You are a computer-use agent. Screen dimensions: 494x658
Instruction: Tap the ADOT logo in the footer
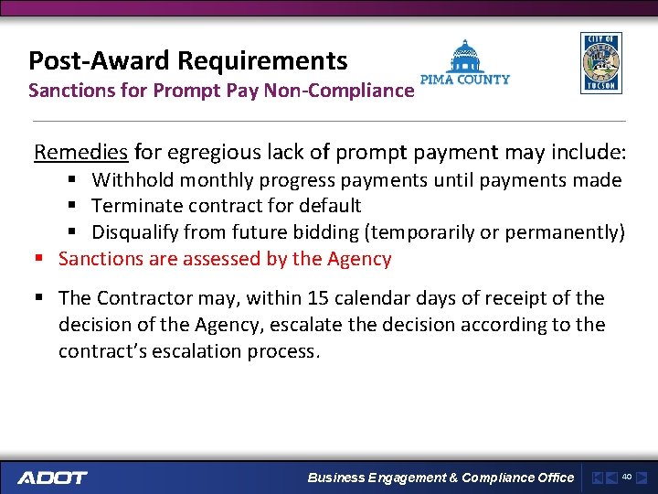52,477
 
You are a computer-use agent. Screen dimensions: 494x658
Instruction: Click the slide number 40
627,477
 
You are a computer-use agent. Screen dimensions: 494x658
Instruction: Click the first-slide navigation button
597,477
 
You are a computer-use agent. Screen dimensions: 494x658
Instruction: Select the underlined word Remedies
82,152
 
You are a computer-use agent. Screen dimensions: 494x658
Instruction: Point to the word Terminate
135,206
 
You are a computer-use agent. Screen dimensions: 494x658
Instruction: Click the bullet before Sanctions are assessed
38,259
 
